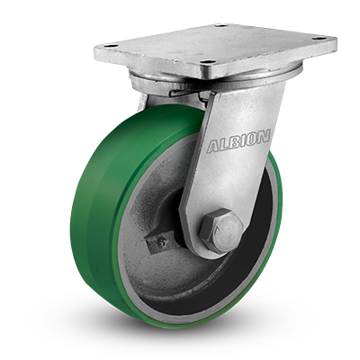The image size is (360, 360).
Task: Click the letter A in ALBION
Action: click(x=214, y=146)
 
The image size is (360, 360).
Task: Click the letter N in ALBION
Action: click(x=264, y=137)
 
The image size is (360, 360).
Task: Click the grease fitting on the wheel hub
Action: click(x=162, y=243)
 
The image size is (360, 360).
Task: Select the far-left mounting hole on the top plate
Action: click(x=107, y=46)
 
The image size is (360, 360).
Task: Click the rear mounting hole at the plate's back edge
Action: click(x=220, y=26)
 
